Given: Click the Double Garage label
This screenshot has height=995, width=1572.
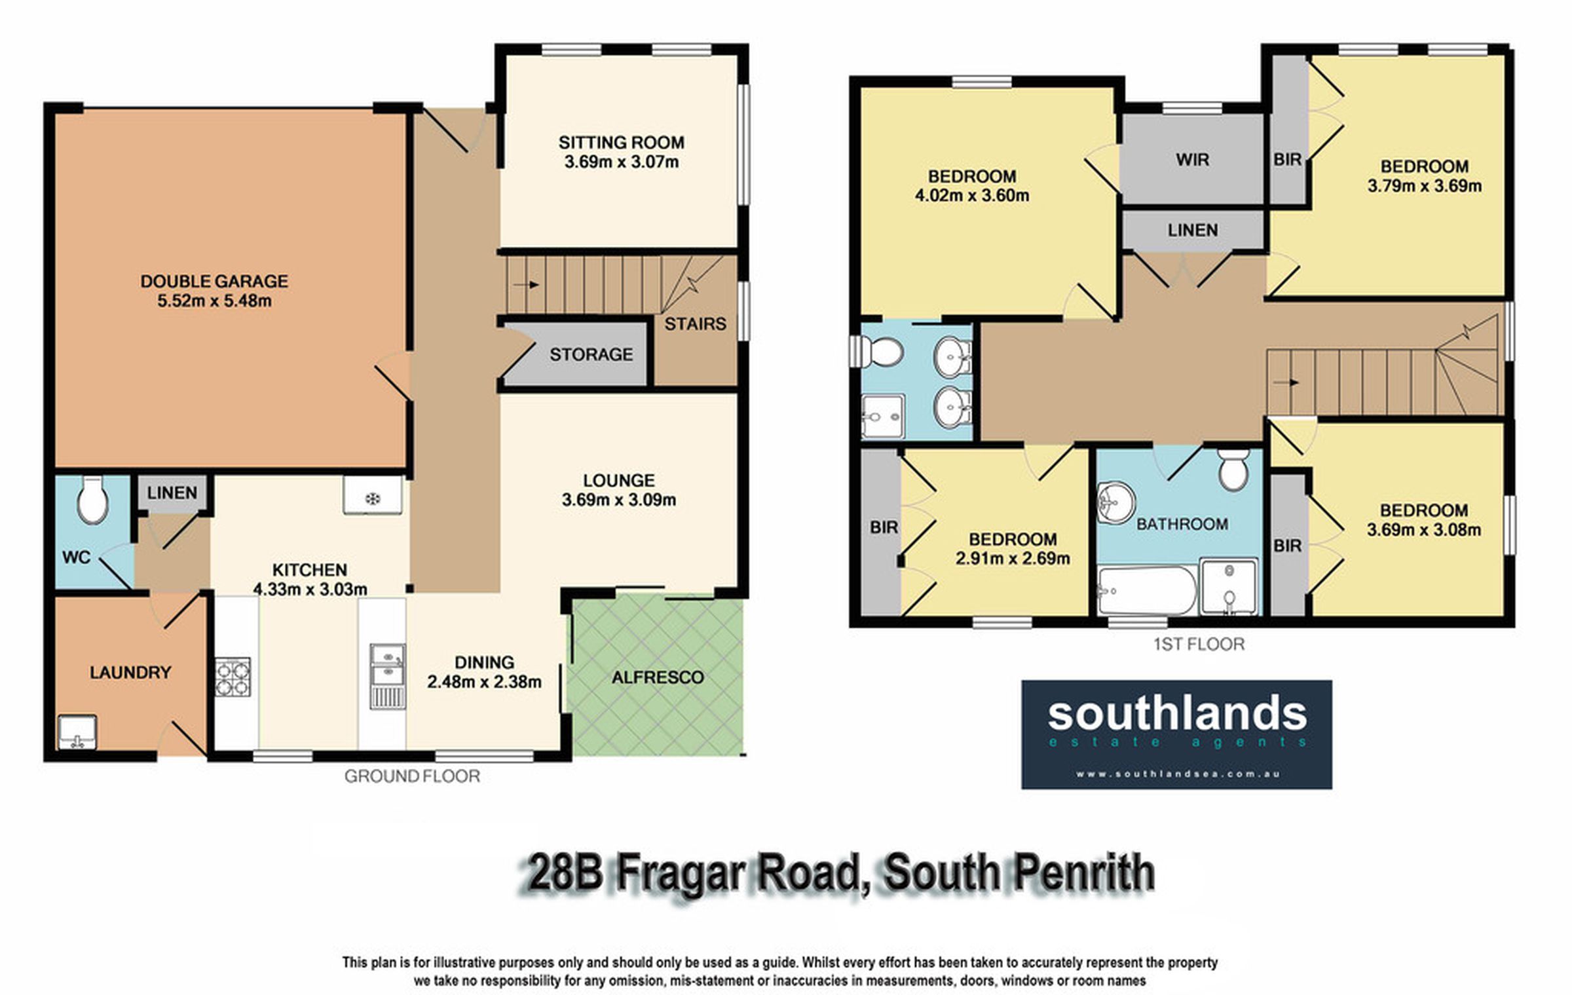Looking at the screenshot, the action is click(x=214, y=281).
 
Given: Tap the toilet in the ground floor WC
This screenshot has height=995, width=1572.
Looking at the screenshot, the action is click(x=92, y=499).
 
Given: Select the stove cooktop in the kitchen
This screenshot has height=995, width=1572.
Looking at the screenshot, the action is click(x=233, y=677).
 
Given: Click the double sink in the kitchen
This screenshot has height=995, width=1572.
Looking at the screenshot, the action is click(x=387, y=675).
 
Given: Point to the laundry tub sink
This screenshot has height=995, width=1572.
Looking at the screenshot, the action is click(x=77, y=731).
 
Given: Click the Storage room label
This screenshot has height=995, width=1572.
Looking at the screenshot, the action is click(x=591, y=354).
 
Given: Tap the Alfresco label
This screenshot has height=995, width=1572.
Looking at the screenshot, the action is click(x=658, y=677).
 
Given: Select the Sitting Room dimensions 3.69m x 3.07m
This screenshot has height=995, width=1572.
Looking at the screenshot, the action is click(x=622, y=162).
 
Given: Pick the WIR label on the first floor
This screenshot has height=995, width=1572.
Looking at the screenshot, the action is click(x=1192, y=159).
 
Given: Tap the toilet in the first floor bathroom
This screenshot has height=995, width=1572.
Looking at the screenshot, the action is click(x=1233, y=469).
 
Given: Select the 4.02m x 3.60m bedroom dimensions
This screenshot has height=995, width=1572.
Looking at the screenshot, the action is click(x=972, y=195).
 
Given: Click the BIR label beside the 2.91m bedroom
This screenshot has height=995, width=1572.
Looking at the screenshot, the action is click(x=884, y=527).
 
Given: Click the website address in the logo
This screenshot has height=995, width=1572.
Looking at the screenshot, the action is click(x=1177, y=774).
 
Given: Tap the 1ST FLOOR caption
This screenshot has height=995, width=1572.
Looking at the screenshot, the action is click(x=1199, y=644).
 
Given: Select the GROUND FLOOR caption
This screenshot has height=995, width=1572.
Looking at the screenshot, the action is click(x=412, y=776).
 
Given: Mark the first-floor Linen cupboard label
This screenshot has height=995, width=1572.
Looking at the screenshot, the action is click(x=1193, y=230).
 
